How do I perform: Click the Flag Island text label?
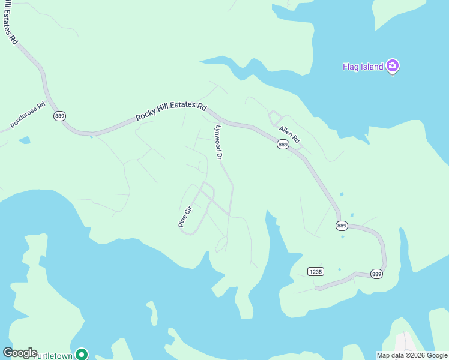(362, 67)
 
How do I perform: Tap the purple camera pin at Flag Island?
(393, 65)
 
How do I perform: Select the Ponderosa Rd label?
(28, 115)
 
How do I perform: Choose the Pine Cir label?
(184, 217)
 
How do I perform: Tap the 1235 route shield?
(315, 271)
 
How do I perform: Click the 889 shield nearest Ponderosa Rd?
(59, 116)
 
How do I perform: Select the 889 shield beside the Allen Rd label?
(283, 145)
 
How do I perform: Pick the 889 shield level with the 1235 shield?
(376, 274)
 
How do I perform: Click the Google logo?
(20, 353)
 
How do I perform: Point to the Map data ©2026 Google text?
(412, 355)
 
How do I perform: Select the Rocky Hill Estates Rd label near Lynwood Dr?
(171, 111)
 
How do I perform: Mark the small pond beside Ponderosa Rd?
(24, 140)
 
